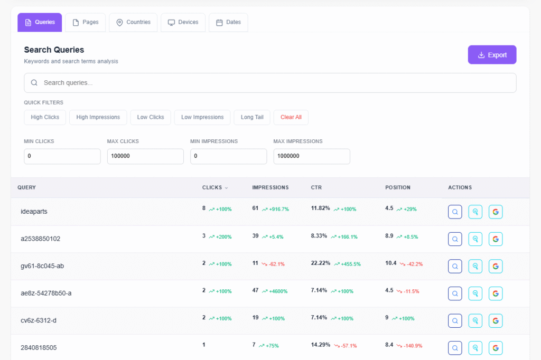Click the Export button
(x=492, y=55)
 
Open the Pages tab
(x=85, y=22)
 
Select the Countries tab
(x=133, y=22)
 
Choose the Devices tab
(x=183, y=22)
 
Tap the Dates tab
(x=228, y=22)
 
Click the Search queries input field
(x=270, y=83)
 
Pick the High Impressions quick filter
(x=98, y=117)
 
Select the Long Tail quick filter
(x=252, y=117)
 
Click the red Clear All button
(x=291, y=117)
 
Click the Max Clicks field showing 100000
(x=145, y=156)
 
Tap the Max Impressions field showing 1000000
(x=311, y=156)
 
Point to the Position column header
(x=397, y=187)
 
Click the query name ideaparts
(x=34, y=211)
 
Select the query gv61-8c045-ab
(x=42, y=266)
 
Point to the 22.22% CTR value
(x=320, y=263)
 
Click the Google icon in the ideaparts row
(x=495, y=212)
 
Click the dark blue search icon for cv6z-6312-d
(x=455, y=321)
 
